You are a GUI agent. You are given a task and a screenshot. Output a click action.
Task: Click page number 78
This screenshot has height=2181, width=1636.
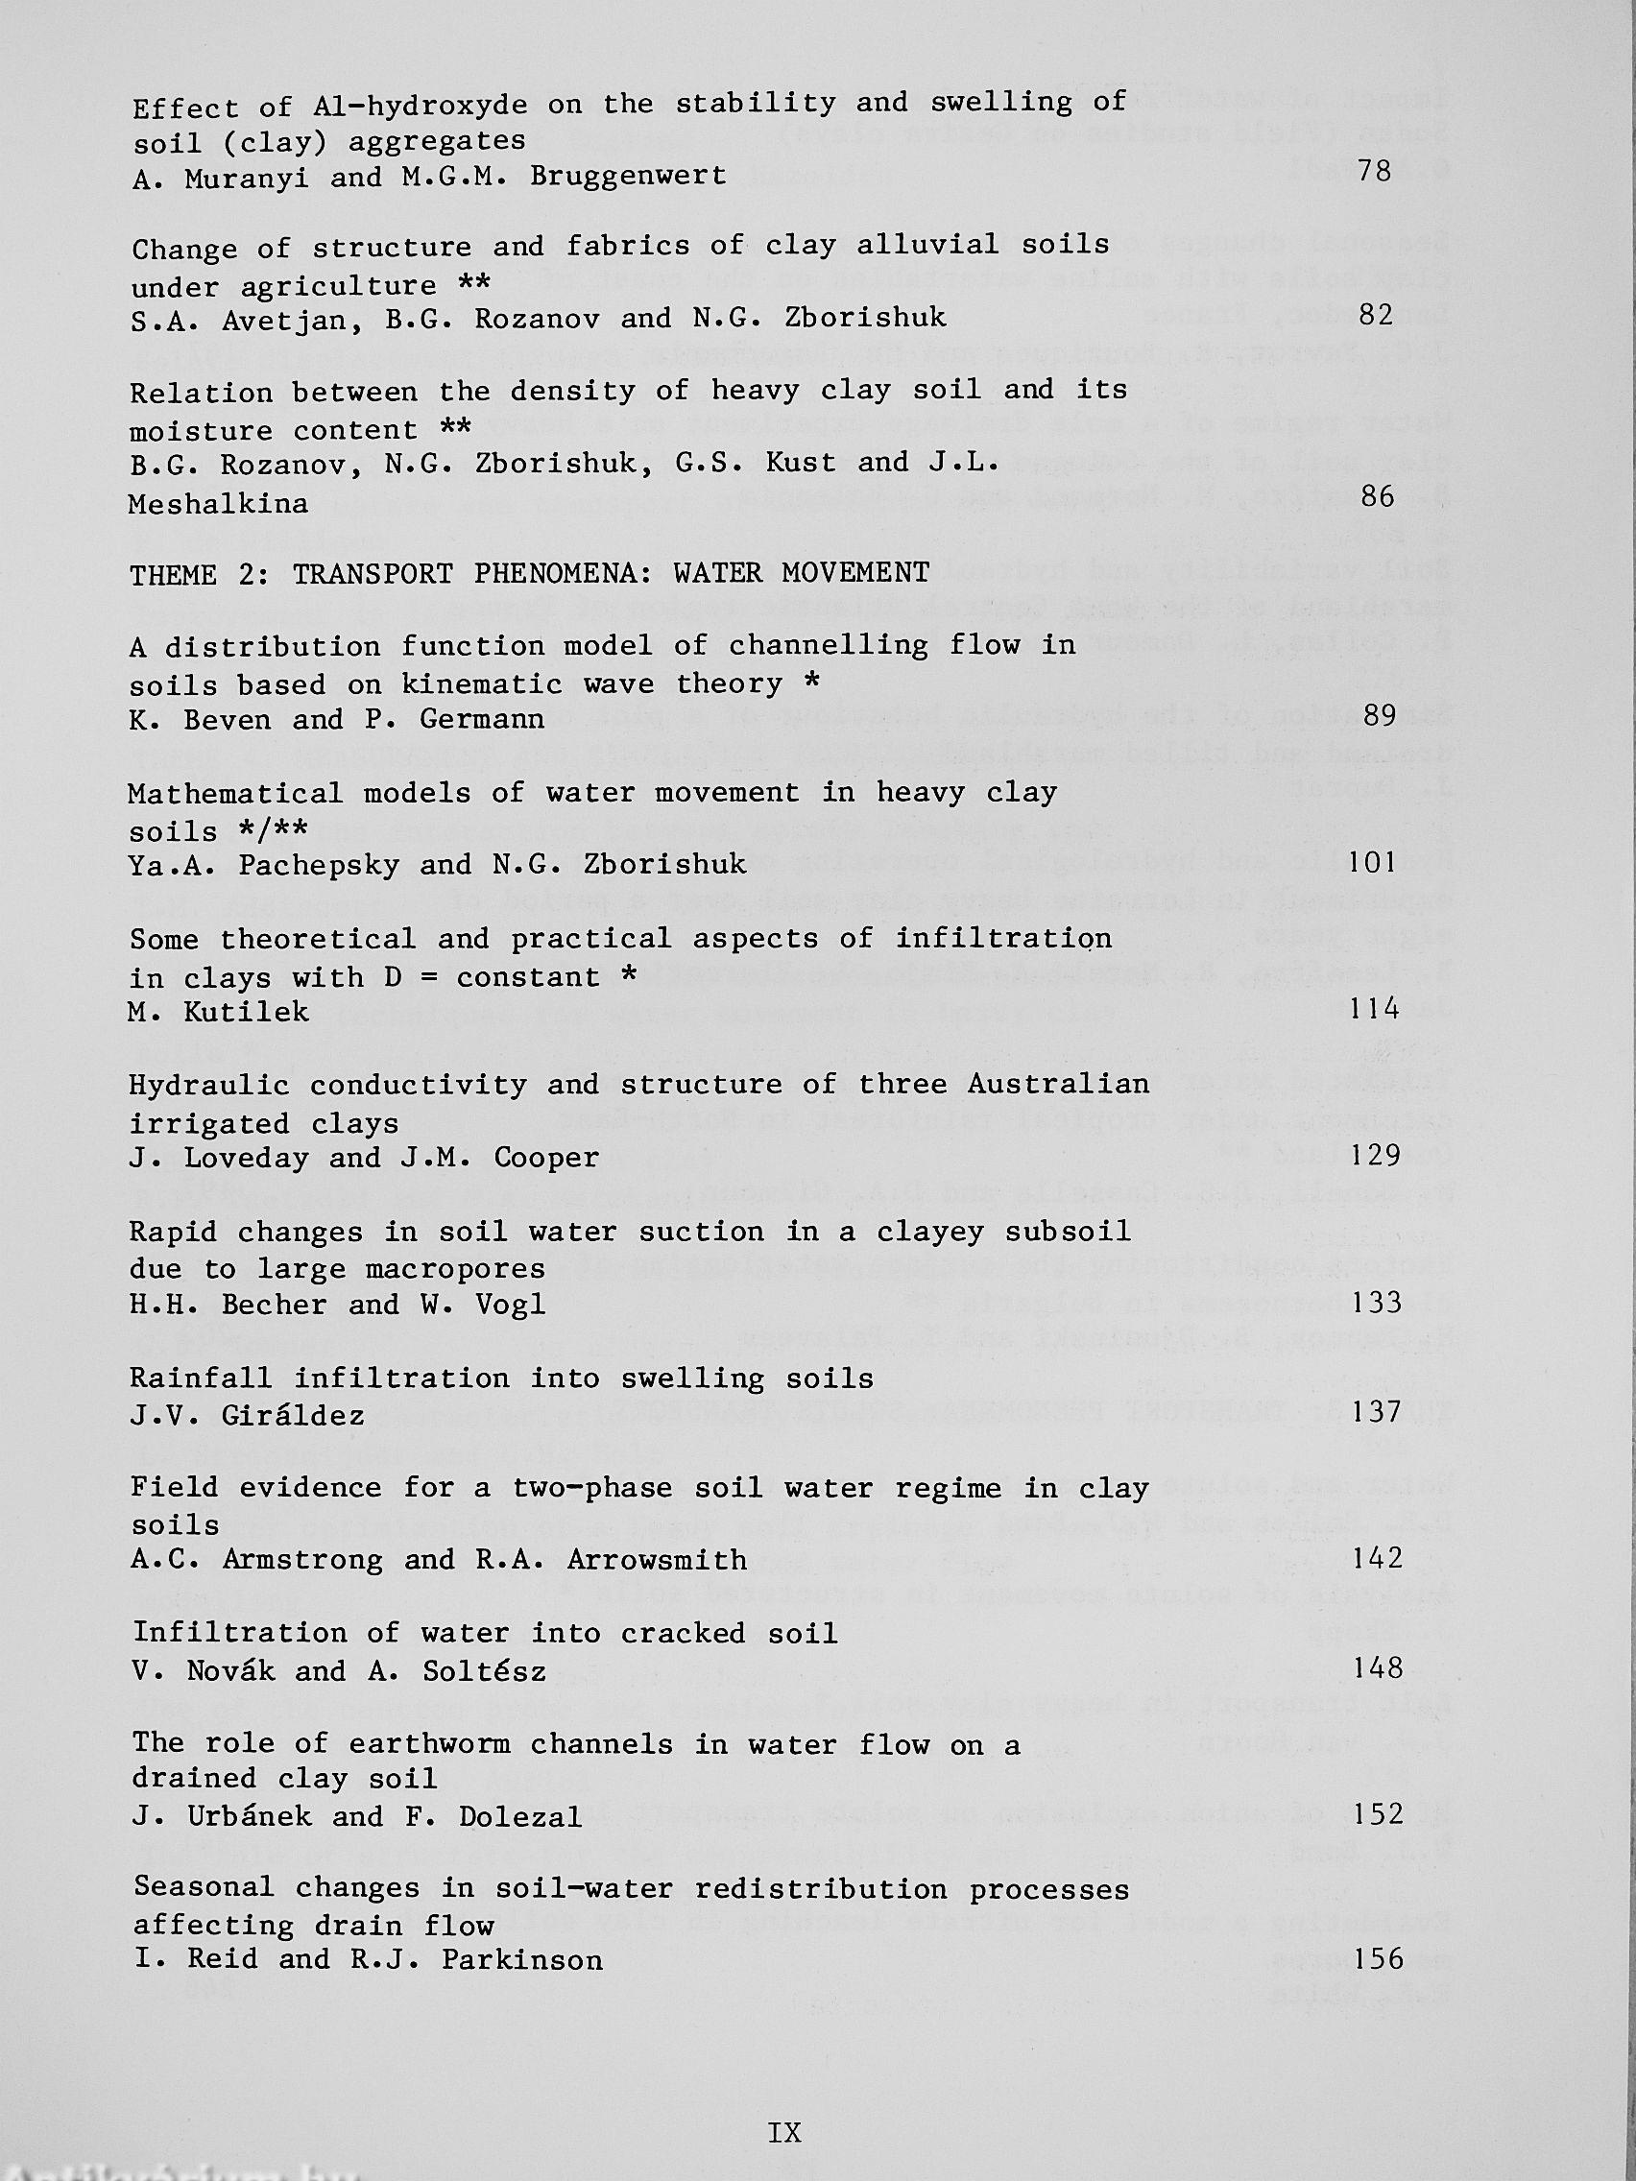[x=1374, y=172]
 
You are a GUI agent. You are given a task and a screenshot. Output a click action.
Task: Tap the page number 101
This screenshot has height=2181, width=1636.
[x=1372, y=863]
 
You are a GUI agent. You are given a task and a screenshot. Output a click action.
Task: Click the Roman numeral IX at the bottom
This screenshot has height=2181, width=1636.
[x=784, y=2133]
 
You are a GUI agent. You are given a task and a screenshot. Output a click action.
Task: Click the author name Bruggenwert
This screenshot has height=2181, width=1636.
[x=627, y=176]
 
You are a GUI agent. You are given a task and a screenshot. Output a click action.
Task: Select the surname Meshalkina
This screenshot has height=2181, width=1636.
[x=218, y=504]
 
